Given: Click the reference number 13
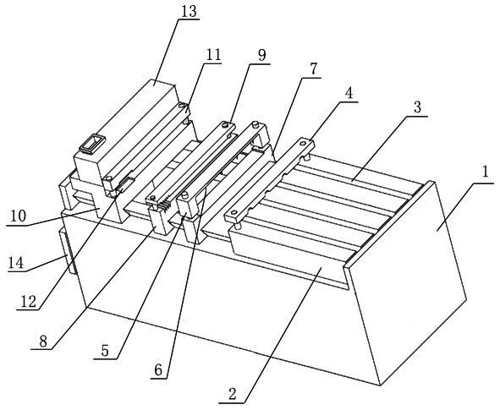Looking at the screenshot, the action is [189, 12].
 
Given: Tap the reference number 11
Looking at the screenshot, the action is [214, 55].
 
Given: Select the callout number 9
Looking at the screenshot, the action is [261, 56].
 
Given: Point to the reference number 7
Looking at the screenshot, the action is [314, 69].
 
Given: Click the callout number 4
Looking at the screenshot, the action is [349, 93].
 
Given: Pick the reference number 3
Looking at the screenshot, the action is [417, 107].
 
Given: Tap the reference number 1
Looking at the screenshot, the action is [486, 173].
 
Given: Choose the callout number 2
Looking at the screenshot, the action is [233, 394].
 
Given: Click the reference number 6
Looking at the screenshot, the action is [158, 370].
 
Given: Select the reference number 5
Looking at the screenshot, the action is [105, 351].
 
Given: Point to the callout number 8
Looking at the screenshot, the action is [43, 342].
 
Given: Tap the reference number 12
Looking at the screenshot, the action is [29, 301].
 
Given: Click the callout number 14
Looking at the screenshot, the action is [16, 264].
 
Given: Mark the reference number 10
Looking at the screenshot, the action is [18, 216].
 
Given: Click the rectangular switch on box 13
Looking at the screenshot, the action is [92, 144].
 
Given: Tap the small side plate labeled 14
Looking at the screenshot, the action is [69, 252].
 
